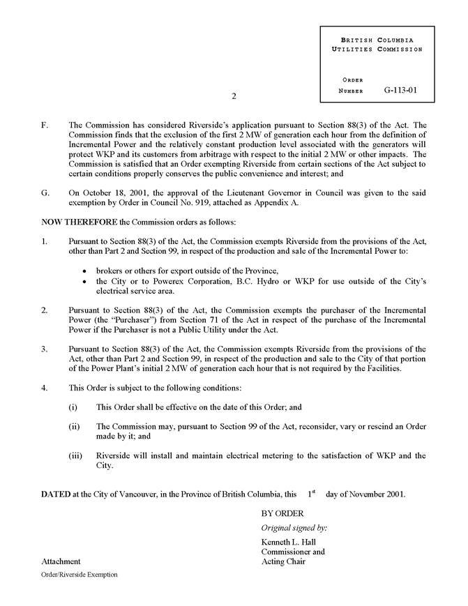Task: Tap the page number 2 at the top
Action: pyautogui.click(x=234, y=96)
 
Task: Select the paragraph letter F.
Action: pyautogui.click(x=44, y=125)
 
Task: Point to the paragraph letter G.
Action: pyautogui.click(x=45, y=192)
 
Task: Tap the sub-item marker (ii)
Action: pyautogui.click(x=75, y=426)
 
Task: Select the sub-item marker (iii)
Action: pyautogui.click(x=75, y=455)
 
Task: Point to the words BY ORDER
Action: pyautogui.click(x=282, y=514)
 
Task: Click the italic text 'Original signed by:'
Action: pyautogui.click(x=294, y=528)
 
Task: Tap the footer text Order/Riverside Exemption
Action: pyautogui.click(x=79, y=575)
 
